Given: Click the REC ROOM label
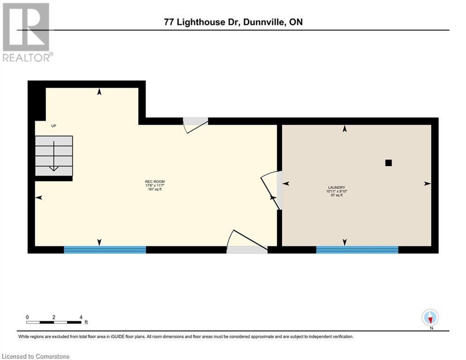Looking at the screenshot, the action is point(155,181).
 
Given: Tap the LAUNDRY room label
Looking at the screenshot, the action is point(336,187).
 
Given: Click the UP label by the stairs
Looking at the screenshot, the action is point(53,126).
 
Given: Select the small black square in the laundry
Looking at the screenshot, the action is point(388,163).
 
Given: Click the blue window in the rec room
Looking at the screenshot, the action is point(105,250).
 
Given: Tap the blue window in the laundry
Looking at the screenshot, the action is point(357,250).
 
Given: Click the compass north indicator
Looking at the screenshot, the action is point(430,318).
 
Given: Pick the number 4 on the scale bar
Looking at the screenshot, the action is point(81,317).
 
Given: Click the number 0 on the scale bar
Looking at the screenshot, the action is point(27,317).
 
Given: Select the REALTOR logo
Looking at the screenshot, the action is point(27,32).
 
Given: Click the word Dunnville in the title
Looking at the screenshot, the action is point(263,22).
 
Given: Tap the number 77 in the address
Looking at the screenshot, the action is point(169,22).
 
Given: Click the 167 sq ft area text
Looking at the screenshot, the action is point(155,189).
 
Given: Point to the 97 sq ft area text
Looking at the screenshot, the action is point(336,195).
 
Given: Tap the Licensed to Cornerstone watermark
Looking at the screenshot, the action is point(36,356).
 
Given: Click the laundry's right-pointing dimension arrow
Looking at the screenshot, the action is point(427,184).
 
